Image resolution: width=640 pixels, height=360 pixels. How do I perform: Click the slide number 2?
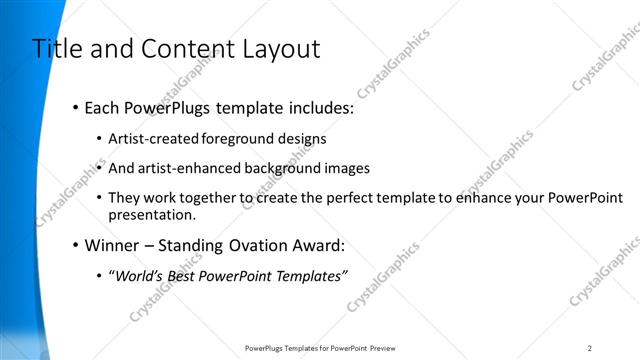(x=590, y=348)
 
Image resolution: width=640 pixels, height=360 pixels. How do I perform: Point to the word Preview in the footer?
(x=383, y=348)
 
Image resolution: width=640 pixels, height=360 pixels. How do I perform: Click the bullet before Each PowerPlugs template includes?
(x=76, y=107)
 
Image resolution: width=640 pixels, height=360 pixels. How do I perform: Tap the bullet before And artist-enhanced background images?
(x=99, y=168)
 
